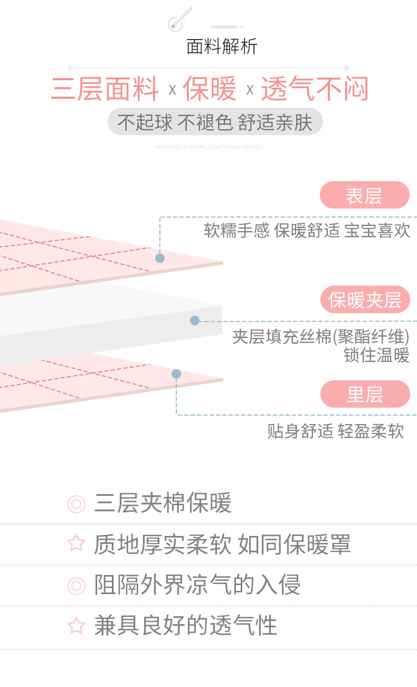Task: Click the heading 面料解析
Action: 222,46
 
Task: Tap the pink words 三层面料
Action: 105,89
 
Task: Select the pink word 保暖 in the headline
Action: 210,89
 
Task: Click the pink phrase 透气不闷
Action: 315,89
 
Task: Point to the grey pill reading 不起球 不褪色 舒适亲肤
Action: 215,122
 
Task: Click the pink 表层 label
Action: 364,195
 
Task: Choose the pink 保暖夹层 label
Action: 365,300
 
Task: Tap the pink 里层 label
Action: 365,394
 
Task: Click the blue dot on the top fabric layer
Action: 160,258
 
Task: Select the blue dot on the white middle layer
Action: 195,321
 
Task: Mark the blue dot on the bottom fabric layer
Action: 176,374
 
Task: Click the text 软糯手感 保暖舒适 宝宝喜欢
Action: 307,230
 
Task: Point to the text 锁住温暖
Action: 376,355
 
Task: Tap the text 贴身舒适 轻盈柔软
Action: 335,431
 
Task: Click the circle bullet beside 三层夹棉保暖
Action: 77,504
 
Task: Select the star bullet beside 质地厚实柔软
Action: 77,543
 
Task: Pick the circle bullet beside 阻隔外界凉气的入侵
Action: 77,585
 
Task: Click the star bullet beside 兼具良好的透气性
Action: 77,626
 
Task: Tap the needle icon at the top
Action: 178,20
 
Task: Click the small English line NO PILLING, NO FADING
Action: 210,147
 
